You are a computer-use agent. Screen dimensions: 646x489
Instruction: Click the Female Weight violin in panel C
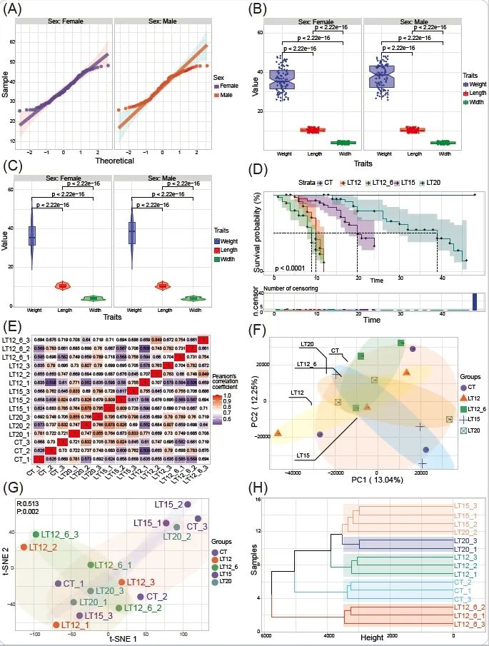click(x=32, y=236)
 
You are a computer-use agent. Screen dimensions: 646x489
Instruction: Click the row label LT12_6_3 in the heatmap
click(x=18, y=340)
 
